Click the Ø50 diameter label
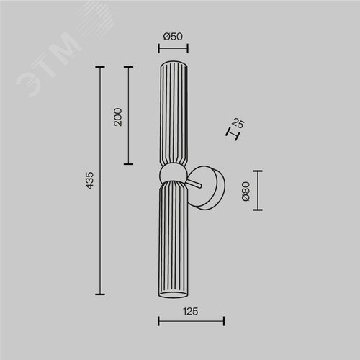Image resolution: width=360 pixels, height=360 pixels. point(173,37)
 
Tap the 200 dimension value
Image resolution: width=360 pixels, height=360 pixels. point(118,117)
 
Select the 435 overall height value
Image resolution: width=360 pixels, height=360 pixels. point(89,181)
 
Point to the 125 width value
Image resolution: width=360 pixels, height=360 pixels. point(191,312)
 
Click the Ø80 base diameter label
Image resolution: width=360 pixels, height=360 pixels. point(246,192)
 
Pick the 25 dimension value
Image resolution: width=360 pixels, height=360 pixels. point(238,123)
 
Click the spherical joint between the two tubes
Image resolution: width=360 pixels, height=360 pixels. point(173,174)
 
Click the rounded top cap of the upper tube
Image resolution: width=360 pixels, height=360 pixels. point(174,63)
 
